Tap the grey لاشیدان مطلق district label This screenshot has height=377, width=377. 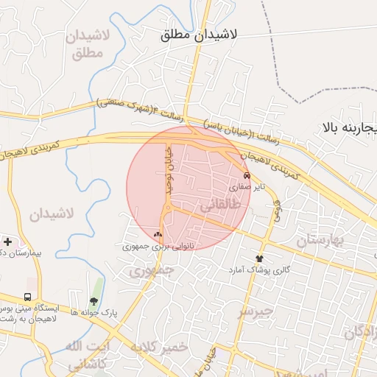click(88, 44)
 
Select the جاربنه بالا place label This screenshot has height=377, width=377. click(348, 127)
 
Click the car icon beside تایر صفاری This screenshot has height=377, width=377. click(246, 176)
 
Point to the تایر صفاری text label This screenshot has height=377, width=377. click(245, 188)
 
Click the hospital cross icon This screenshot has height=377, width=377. click(7, 242)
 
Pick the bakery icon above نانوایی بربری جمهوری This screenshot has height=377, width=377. click(158, 235)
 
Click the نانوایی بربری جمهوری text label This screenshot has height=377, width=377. click(158, 247)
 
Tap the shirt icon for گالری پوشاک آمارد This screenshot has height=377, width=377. click(259, 258)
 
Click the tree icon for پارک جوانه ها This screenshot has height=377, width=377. click(94, 300)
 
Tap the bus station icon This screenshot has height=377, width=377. click(27, 293)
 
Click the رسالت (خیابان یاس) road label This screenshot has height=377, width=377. click(234, 131)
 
